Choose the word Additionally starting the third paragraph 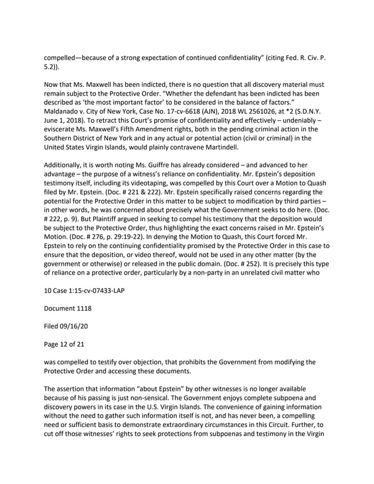click(66, 167)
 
